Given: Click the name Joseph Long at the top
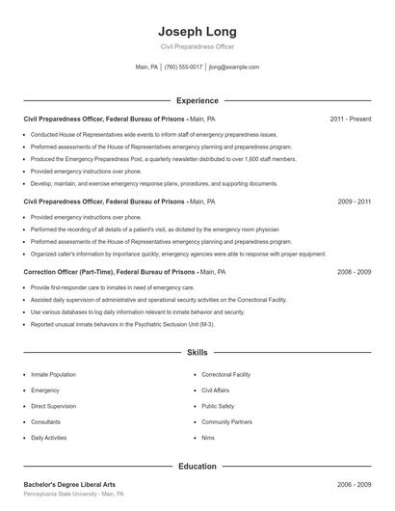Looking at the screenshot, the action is [x=197, y=29].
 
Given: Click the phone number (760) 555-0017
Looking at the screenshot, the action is [x=183, y=67].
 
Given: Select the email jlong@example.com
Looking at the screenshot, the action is [x=234, y=67].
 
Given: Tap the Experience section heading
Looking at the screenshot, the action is [x=197, y=100].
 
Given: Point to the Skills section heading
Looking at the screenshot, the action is [x=197, y=354].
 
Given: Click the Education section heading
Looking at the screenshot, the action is [x=197, y=466].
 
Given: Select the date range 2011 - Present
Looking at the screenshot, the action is [x=351, y=119].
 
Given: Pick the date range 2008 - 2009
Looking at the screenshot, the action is [x=355, y=272].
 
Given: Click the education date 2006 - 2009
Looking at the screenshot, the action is [x=355, y=484].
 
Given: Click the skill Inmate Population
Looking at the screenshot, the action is [x=53, y=373].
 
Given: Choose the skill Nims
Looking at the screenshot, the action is [x=209, y=438].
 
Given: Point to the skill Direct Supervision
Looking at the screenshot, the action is [x=54, y=406].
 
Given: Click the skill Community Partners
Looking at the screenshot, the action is [x=227, y=421].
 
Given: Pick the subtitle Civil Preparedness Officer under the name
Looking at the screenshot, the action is [x=197, y=46].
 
